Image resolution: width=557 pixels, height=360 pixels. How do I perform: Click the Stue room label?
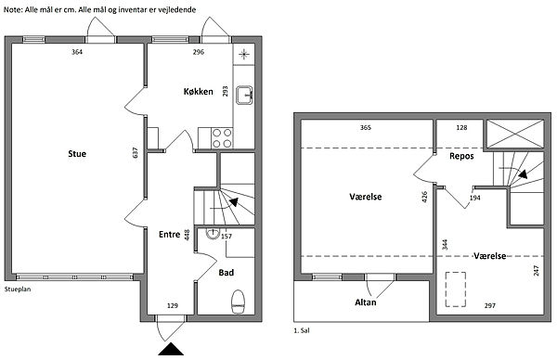pyautogui.click(x=77, y=154)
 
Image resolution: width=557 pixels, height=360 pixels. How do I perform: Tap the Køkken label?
pyautogui.click(x=199, y=92)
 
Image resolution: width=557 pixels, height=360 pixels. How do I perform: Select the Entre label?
pyautogui.click(x=170, y=235)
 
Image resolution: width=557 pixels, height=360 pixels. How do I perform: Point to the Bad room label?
pyautogui.click(x=226, y=273)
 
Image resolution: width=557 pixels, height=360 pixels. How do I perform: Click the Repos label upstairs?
pyautogui.click(x=461, y=156)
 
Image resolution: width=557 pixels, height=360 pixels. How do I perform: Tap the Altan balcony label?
pyautogui.click(x=366, y=302)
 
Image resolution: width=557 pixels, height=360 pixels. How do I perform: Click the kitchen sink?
pyautogui.click(x=244, y=96)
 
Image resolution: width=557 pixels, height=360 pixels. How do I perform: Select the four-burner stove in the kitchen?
pyautogui.click(x=222, y=138)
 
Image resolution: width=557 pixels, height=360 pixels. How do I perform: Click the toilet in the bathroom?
pyautogui.click(x=238, y=302)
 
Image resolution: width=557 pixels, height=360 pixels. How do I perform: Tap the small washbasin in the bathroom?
pyautogui.click(x=213, y=233)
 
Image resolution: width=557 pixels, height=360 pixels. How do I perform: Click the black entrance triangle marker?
pyautogui.click(x=171, y=349)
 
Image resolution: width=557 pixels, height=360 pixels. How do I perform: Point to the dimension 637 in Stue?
pyautogui.click(x=135, y=153)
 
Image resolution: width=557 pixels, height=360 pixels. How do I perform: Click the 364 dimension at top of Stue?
pyautogui.click(x=77, y=52)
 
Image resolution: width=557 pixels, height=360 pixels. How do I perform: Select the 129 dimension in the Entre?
pyautogui.click(x=173, y=305)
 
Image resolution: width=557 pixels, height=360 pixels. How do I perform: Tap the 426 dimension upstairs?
pyautogui.click(x=424, y=197)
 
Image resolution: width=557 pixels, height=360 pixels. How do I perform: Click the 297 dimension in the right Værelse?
pyautogui.click(x=490, y=305)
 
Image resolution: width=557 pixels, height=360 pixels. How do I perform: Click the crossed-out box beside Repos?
pyautogui.click(x=515, y=134)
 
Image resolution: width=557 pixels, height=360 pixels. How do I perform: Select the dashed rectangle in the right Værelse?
pyautogui.click(x=456, y=289)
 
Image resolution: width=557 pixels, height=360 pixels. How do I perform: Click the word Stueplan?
pyautogui.click(x=18, y=289)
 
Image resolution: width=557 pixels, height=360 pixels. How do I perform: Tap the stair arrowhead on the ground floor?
pyautogui.click(x=234, y=202)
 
